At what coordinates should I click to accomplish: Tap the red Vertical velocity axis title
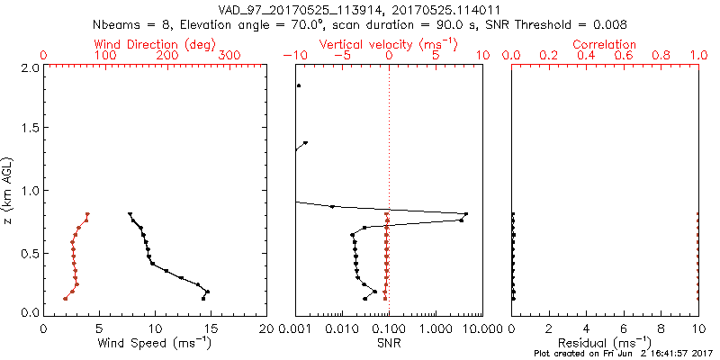pos(389,44)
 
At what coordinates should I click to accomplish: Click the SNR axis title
pos(389,344)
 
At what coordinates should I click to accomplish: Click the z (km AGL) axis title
pos(8,190)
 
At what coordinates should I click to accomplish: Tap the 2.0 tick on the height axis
pos(29,67)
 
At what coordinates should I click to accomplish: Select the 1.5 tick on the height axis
pos(29,129)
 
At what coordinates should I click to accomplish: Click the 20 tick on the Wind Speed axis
pos(266,328)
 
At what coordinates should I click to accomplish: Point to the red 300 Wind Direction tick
pos(229,56)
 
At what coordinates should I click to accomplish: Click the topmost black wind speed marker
pos(130,214)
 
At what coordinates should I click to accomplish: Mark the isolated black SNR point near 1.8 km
pos(299,85)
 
